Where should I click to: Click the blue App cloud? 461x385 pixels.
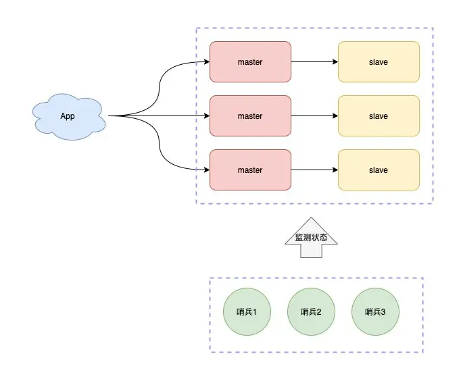(x=69, y=117)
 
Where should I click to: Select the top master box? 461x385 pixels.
(x=250, y=61)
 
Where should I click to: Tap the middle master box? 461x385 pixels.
(x=250, y=115)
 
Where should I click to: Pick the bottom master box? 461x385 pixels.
(x=250, y=170)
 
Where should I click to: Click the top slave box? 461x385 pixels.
(x=379, y=61)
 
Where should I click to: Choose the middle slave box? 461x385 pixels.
(x=379, y=115)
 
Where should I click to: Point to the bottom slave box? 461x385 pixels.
(x=379, y=170)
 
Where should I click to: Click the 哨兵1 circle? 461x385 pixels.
(x=247, y=312)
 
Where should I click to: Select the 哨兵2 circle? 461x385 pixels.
(x=311, y=312)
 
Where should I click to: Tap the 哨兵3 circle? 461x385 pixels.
(x=375, y=312)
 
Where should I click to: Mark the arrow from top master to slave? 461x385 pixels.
(x=314, y=61)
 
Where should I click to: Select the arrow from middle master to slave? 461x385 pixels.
(x=314, y=115)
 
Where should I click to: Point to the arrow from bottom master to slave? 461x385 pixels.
(x=314, y=170)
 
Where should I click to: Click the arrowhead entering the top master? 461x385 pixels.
(x=207, y=61)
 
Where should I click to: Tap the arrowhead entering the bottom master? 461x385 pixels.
(x=207, y=170)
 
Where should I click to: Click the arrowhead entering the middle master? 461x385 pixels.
(x=207, y=115)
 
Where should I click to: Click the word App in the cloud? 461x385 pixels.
(x=68, y=116)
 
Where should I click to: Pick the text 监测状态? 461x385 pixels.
(x=311, y=238)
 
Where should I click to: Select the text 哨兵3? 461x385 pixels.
(x=375, y=312)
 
